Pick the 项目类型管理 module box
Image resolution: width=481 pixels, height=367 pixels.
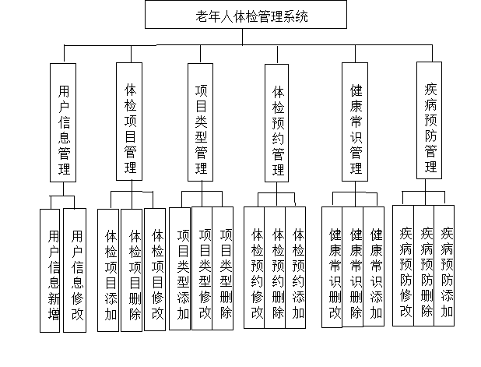pyautogui.click(x=201, y=123)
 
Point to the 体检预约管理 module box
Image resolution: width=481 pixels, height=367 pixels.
pyautogui.click(x=278, y=123)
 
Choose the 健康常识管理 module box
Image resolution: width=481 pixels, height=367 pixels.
pyautogui.click(x=356, y=123)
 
